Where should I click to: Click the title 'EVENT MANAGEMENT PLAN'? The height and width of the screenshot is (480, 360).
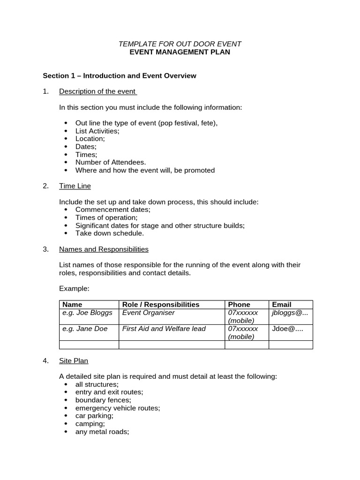pyautogui.click(x=180, y=52)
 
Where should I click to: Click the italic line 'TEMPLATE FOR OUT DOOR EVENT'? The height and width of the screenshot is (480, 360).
pyautogui.click(x=180, y=44)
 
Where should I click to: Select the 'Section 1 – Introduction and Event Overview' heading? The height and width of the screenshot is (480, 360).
pyautogui.click(x=120, y=75)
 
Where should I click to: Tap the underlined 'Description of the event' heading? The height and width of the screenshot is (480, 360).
pyautogui.click(x=97, y=91)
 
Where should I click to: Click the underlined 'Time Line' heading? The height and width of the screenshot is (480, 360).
pyautogui.click(x=75, y=186)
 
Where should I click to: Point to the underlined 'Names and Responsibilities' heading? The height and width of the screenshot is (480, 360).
pyautogui.click(x=104, y=249)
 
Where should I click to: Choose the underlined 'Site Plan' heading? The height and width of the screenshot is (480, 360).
pyautogui.click(x=74, y=360)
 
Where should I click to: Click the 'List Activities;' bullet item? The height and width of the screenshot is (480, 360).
pyautogui.click(x=97, y=131)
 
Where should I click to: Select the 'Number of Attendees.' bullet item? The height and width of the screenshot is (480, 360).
pyautogui.click(x=111, y=162)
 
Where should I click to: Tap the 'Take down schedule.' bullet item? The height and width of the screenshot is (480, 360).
pyautogui.click(x=110, y=233)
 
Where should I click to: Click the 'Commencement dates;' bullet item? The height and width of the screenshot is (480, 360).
pyautogui.click(x=113, y=210)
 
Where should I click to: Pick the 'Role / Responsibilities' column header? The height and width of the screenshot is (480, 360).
pyautogui.click(x=161, y=305)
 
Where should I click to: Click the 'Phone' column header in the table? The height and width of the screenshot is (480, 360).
pyautogui.click(x=239, y=305)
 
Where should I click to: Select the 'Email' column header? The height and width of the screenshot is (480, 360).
pyautogui.click(x=281, y=305)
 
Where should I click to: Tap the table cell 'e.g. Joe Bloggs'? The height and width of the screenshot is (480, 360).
pyautogui.click(x=85, y=313)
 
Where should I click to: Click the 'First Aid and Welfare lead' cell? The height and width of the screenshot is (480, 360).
pyautogui.click(x=164, y=329)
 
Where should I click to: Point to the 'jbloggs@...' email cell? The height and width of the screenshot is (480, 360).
pyautogui.click(x=290, y=313)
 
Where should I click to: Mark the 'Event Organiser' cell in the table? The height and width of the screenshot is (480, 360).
pyautogui.click(x=148, y=313)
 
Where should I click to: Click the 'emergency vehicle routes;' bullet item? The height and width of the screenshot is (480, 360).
pyautogui.click(x=118, y=408)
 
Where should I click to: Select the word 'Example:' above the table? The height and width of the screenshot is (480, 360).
pyautogui.click(x=74, y=288)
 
